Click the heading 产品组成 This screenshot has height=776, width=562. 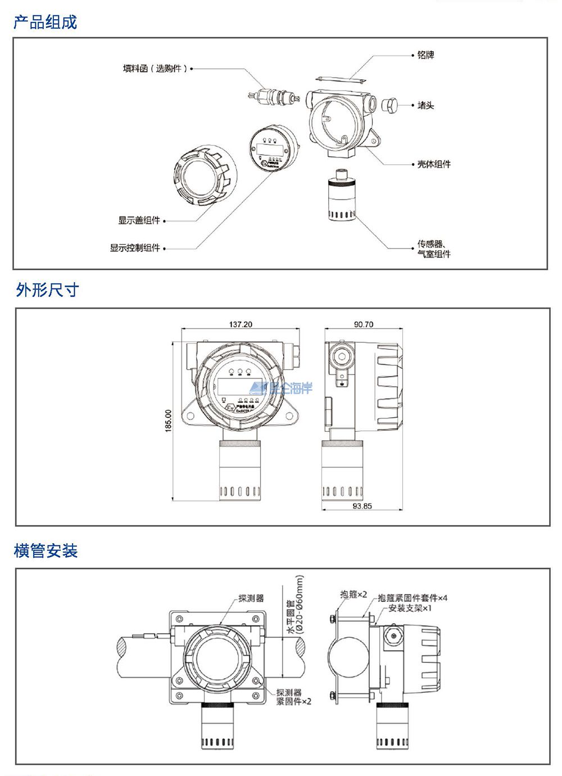pyautogui.click(x=45, y=22)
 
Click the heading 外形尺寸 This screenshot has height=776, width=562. pyautogui.click(x=47, y=290)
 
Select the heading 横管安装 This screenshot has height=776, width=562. pyautogui.click(x=46, y=551)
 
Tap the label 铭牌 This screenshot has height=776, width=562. pyautogui.click(x=425, y=55)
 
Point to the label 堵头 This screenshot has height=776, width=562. pyautogui.click(x=425, y=105)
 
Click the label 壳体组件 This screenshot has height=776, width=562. pyautogui.click(x=433, y=164)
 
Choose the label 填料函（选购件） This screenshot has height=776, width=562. pyautogui.click(x=155, y=69)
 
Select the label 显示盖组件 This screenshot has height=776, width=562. pyautogui.click(x=139, y=220)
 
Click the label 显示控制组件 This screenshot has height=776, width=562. pyautogui.click(x=135, y=247)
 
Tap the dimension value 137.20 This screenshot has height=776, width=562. pyautogui.click(x=241, y=324)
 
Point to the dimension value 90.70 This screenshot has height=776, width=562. pyautogui.click(x=364, y=324)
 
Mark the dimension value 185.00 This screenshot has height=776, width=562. pyautogui.click(x=168, y=421)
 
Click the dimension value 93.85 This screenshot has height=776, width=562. pyautogui.click(x=362, y=506)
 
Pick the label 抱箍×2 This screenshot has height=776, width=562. pyautogui.click(x=353, y=594)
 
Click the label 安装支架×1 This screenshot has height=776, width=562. pyautogui.click(x=410, y=608)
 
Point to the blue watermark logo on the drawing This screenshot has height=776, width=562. pyautogui.click(x=281, y=387)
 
